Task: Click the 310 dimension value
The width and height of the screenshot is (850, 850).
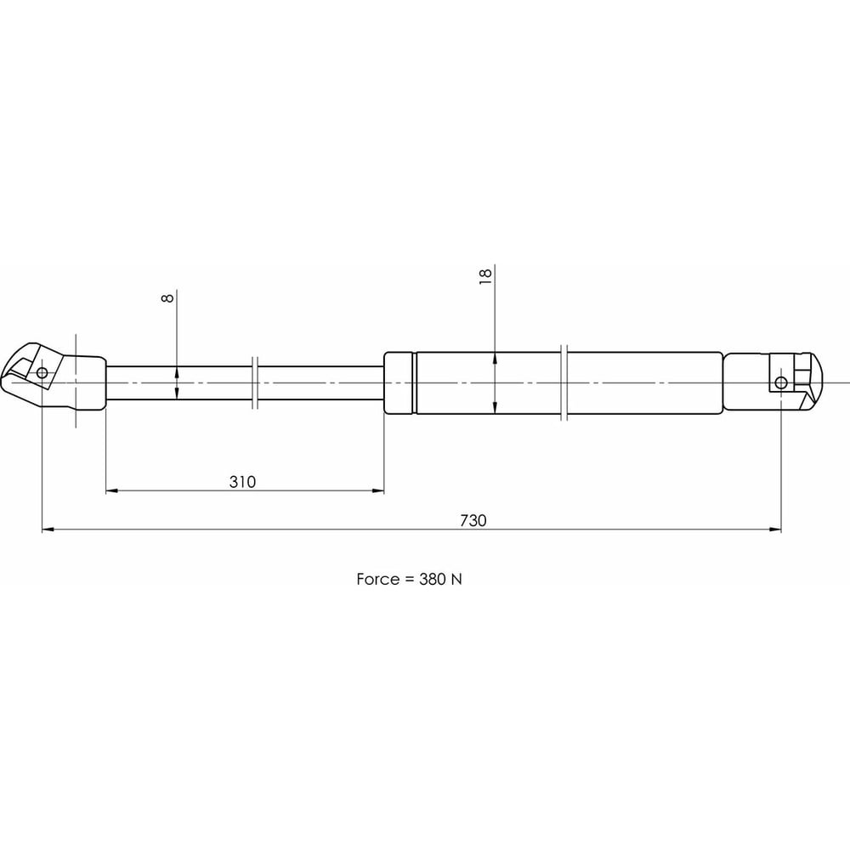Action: (x=242, y=482)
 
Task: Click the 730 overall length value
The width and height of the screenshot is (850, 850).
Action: (x=473, y=520)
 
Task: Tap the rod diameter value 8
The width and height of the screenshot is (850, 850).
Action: (x=168, y=297)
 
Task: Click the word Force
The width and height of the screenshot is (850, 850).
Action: (x=378, y=579)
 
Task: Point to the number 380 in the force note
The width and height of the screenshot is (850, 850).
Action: (x=432, y=579)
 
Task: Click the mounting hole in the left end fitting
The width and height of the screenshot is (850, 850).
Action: (x=42, y=373)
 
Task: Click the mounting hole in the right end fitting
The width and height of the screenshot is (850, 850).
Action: (x=781, y=382)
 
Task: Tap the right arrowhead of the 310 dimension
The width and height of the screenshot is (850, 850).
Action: (x=378, y=491)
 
